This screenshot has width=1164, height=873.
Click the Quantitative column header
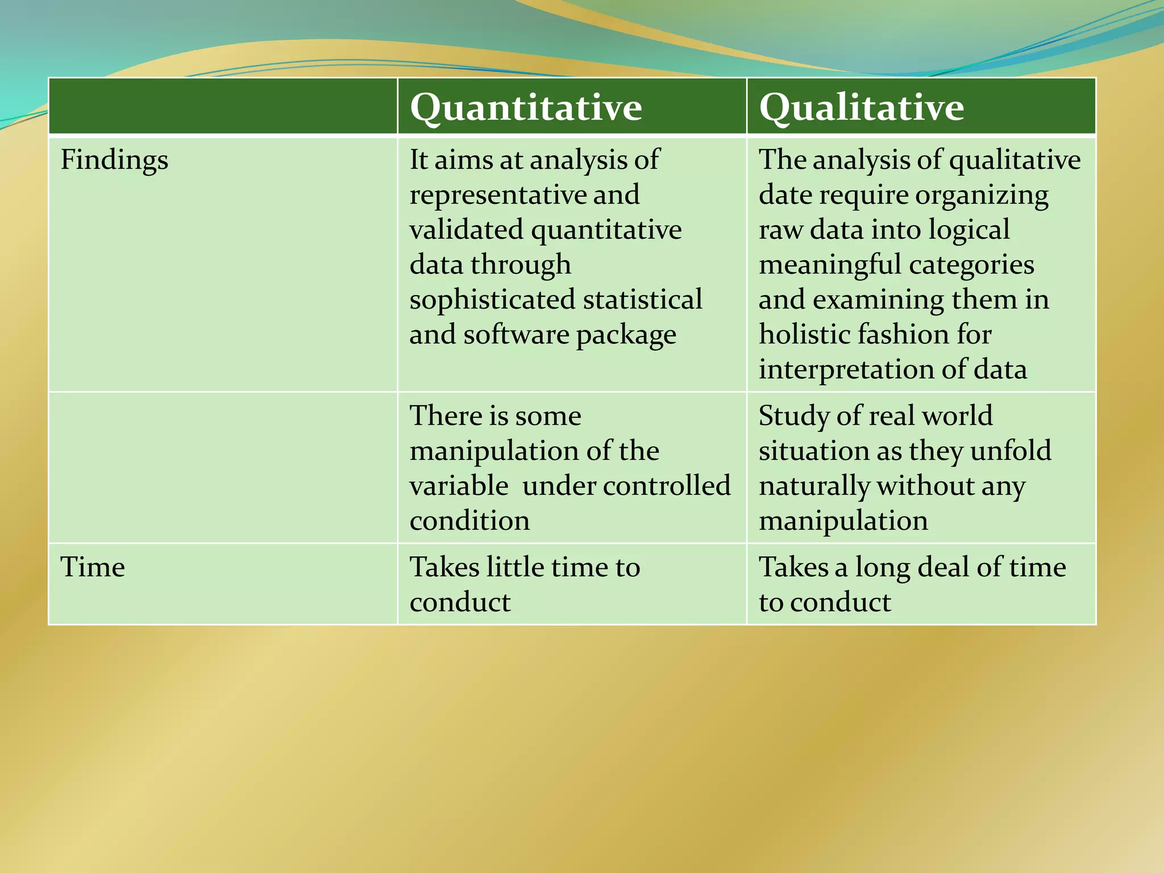pyautogui.click(x=526, y=107)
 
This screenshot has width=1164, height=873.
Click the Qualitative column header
pyautogui.click(x=861, y=107)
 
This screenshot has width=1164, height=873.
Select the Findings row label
pyautogui.click(x=114, y=160)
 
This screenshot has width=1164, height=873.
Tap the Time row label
pyautogui.click(x=93, y=567)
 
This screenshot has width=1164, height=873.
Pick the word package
pyautogui.click(x=626, y=335)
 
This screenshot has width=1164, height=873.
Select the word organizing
pyautogui.click(x=982, y=195)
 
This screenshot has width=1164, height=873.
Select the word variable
pyautogui.click(x=459, y=486)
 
